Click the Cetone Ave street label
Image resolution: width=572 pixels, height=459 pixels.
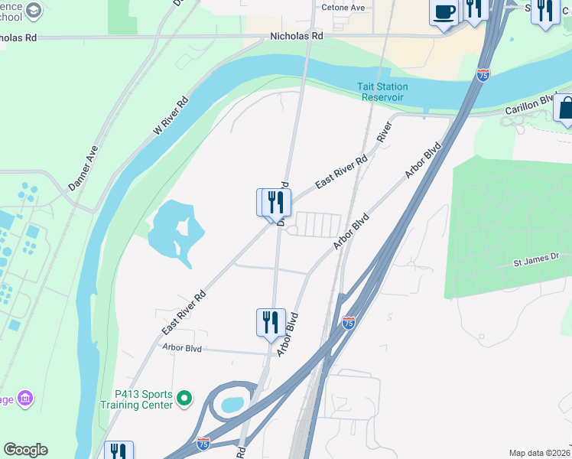(343, 8)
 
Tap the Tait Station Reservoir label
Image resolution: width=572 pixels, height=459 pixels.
(382, 92)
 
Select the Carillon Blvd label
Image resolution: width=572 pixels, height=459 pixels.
(531, 106)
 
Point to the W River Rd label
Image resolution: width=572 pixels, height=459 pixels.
(171, 116)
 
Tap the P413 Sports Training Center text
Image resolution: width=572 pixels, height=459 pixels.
(144, 399)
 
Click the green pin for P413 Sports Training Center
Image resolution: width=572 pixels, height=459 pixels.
(184, 399)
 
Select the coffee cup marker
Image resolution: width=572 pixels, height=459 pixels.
(444, 12)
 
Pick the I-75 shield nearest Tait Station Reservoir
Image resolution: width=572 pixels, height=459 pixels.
(483, 74)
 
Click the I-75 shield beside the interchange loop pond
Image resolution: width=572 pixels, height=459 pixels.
(203, 443)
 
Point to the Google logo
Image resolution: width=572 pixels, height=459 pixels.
(25, 450)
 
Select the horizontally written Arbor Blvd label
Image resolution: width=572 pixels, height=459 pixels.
(181, 347)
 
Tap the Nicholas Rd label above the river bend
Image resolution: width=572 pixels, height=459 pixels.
(297, 36)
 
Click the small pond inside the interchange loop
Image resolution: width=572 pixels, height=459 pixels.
(232, 403)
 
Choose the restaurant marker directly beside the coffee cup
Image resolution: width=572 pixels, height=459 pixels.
(475, 9)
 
